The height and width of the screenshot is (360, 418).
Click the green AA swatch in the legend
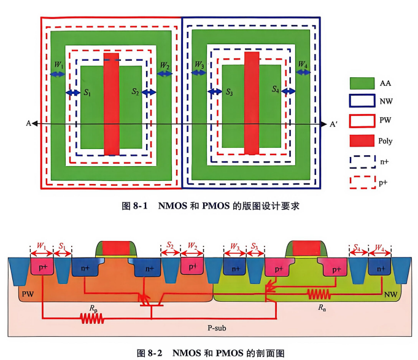tap(362, 83)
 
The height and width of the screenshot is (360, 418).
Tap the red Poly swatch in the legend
tap(362, 140)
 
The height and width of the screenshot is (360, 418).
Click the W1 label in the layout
tap(59, 65)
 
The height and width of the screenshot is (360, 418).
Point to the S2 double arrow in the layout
tap(149, 93)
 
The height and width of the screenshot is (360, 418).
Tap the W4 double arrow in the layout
tap(303, 72)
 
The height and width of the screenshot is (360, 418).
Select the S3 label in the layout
tap(230, 92)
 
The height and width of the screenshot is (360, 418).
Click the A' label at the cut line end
tap(333, 124)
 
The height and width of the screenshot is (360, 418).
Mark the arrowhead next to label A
tap(35, 123)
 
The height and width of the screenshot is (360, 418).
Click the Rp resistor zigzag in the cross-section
tap(92, 318)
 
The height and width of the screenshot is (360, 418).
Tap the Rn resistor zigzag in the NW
tap(319, 294)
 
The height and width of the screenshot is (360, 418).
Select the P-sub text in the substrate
tap(217, 327)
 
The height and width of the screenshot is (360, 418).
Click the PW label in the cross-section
tap(28, 294)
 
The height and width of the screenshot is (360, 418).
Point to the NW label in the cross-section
tap(390, 294)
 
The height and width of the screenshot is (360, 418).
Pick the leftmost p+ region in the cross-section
tap(42, 266)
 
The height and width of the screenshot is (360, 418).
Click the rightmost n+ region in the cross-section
tap(379, 266)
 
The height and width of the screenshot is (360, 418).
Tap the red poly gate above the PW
tap(116, 248)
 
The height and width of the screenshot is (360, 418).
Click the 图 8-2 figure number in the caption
tap(149, 353)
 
